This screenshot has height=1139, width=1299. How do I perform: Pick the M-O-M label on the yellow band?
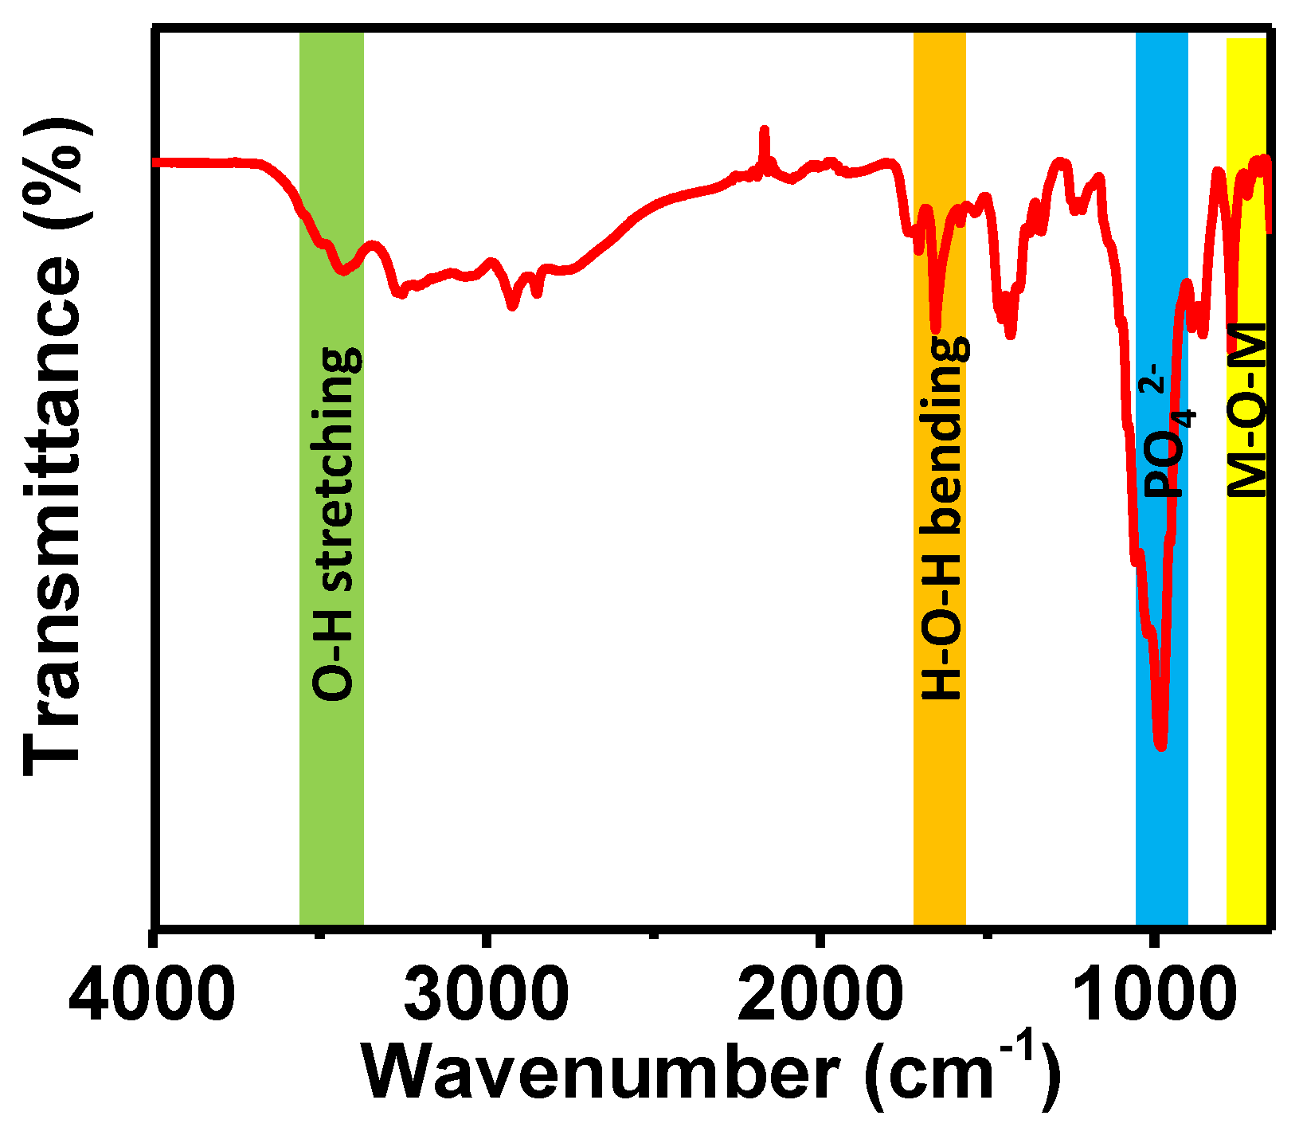1247,410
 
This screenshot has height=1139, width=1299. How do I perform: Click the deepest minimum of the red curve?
1161,746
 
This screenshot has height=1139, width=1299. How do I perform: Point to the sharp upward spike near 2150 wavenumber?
765,131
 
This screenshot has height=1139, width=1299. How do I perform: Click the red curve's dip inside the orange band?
936,328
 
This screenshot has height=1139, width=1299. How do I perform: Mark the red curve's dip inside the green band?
342,272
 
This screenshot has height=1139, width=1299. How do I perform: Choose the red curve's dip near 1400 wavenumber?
1010,335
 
